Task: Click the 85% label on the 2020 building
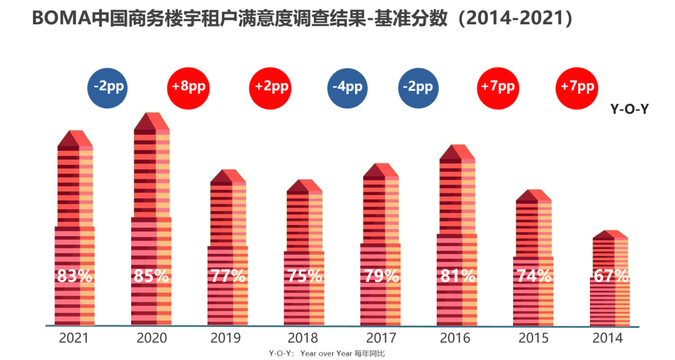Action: coord(151,276)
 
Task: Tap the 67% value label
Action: coord(611,276)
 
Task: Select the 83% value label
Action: coord(74,276)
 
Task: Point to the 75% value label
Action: coord(304,276)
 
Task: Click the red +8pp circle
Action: coord(188,88)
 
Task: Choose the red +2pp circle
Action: coord(271,88)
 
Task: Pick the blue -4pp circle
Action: coord(347,88)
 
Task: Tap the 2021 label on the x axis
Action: coord(74,338)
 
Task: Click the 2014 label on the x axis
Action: coord(607,338)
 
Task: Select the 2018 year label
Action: coord(302,338)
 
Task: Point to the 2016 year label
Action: coord(455,338)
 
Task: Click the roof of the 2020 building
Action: coord(151,122)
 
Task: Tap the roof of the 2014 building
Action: coord(611,235)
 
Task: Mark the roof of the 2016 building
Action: coord(457,153)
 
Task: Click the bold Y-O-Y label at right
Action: coord(629,109)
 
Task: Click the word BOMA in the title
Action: coord(61,19)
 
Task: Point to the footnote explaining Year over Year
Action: coord(327,354)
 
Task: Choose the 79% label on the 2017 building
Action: coord(381,276)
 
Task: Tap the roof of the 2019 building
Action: coord(228,176)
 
